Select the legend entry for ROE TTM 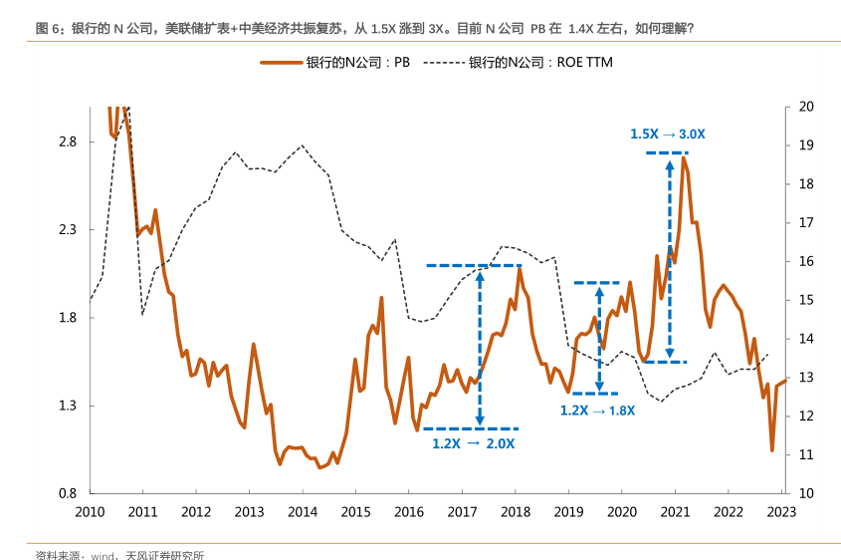pos(527,63)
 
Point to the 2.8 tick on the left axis pos(68,141)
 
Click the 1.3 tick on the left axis pos(68,406)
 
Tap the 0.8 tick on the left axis pos(68,493)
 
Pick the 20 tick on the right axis pos(806,107)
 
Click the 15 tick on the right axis pos(806,300)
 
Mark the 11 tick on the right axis pos(806,454)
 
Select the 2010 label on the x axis pos(90,512)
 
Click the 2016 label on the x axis pos(408,512)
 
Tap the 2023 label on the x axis pos(780,512)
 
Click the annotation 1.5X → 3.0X pos(668,134)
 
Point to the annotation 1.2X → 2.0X pos(474,443)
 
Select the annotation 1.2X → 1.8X pos(597,410)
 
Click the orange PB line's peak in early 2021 pos(684,158)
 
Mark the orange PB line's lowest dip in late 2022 pos(771,450)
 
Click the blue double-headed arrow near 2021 pos(670,256)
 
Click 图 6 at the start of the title pos(49,29)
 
